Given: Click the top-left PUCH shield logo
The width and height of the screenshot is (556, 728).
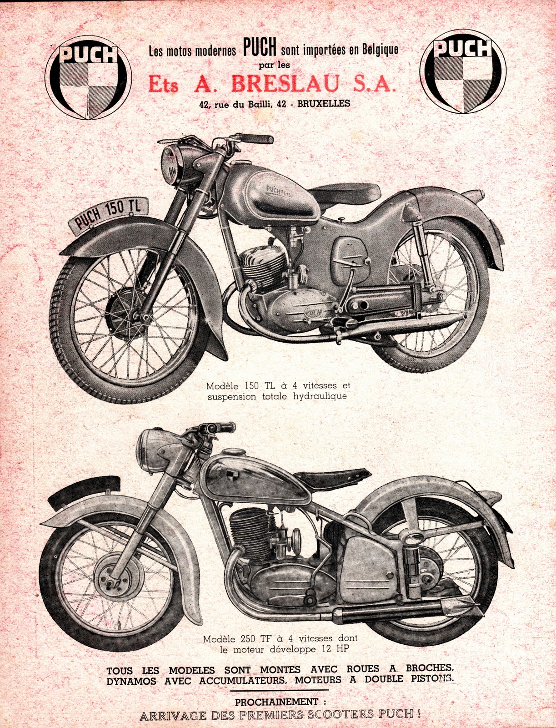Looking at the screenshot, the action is (88, 79).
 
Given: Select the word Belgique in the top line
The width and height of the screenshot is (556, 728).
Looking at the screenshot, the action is (380, 49).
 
